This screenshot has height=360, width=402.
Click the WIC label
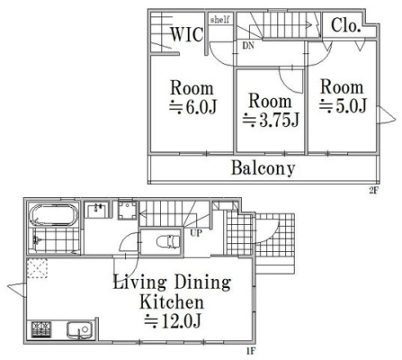187,34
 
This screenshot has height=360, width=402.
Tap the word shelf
220,20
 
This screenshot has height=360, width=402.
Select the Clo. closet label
345,25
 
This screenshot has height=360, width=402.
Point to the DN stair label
248,46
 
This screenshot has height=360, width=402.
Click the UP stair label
196,233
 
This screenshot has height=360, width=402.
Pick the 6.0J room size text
192,107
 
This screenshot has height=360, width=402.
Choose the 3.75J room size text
271,120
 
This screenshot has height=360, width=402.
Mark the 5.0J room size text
343,106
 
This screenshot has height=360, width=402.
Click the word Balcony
264,168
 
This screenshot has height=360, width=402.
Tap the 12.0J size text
173,320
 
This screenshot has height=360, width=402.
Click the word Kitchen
172,301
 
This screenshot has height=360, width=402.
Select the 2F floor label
373,190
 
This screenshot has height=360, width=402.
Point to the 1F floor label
251,351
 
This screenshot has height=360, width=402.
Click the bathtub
54,215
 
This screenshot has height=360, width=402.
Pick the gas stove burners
41,330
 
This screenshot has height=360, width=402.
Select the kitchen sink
79,330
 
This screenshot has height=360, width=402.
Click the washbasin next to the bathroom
96,211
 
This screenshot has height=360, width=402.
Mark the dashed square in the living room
38,269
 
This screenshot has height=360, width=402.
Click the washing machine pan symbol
128,210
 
